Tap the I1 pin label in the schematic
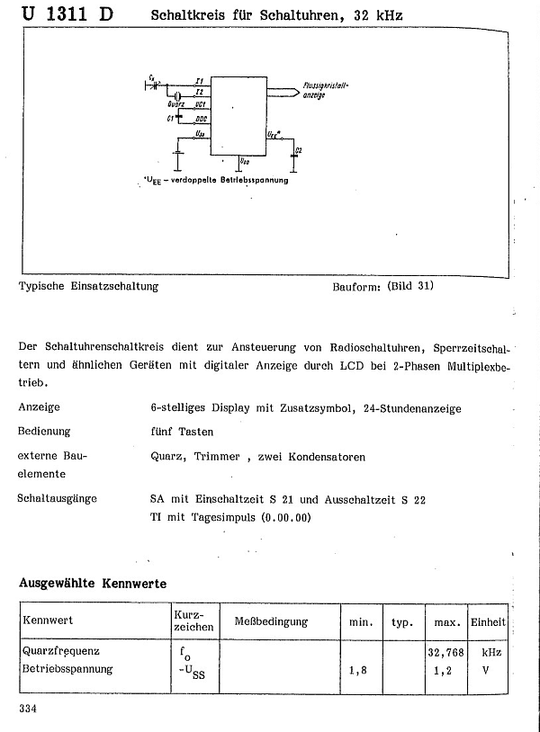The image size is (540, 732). [199, 81]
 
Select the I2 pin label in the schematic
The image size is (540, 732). [199, 93]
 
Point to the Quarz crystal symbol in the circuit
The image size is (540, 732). [178, 95]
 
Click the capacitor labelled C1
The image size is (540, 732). [179, 118]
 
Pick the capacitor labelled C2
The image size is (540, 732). [293, 153]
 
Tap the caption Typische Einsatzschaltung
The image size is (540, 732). [88, 287]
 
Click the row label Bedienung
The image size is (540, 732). [44, 432]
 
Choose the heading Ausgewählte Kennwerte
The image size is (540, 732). [93, 584]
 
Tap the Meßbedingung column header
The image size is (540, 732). [271, 621]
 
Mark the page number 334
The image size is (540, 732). [27, 710]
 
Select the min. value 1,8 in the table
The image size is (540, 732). [357, 670]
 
